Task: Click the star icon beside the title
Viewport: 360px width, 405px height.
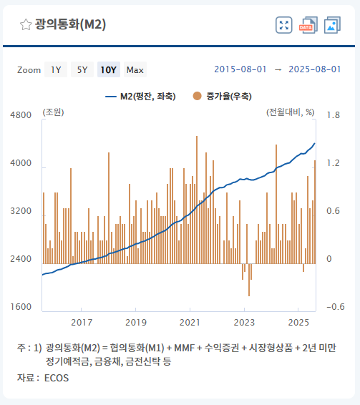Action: click(x=25, y=25)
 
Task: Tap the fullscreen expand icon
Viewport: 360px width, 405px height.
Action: click(x=284, y=25)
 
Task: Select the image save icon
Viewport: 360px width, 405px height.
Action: click(x=332, y=25)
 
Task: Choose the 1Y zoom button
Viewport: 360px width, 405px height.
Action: click(x=55, y=69)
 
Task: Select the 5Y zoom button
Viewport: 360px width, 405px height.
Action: click(x=82, y=69)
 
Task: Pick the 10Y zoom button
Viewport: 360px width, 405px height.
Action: click(x=109, y=69)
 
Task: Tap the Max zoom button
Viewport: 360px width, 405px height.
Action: click(x=135, y=69)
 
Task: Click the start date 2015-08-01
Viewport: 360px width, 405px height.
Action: click(x=240, y=69)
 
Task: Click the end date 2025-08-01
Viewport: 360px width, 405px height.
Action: click(x=315, y=69)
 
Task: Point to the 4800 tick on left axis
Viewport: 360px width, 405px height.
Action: click(x=21, y=115)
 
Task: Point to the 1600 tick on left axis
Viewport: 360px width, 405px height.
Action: click(x=21, y=307)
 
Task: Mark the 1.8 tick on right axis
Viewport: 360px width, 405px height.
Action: click(x=333, y=115)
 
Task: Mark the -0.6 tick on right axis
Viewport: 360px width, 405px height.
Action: click(x=334, y=307)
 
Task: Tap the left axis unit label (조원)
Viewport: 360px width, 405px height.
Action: click(x=54, y=112)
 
